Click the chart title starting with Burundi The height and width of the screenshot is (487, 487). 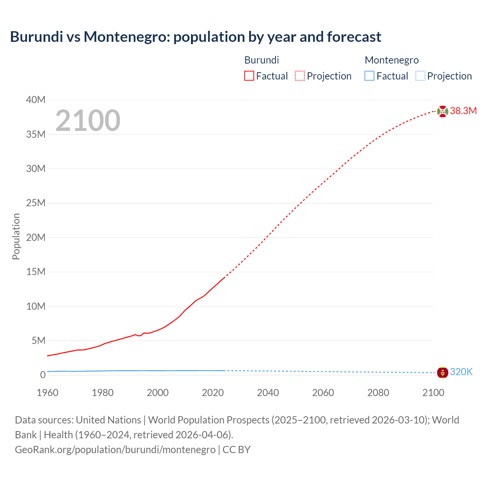[x=196, y=37]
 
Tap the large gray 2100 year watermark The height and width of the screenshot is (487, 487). [x=88, y=121]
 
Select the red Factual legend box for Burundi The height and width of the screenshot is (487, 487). [x=249, y=76]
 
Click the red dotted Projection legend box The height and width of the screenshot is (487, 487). [x=300, y=76]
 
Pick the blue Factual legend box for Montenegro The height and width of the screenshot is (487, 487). [x=369, y=76]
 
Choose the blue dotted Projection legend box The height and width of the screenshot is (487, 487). [x=420, y=76]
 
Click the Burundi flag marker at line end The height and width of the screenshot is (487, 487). [x=442, y=111]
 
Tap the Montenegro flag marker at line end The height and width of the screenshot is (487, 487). [x=442, y=372]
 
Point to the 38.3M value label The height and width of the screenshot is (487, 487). [x=463, y=111]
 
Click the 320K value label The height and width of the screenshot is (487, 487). [x=461, y=372]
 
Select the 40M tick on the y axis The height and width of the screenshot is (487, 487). [x=36, y=100]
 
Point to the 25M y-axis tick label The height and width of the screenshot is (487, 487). [x=36, y=203]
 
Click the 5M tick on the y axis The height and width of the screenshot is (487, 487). [x=38, y=341]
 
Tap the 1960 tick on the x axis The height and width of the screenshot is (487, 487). [x=48, y=393]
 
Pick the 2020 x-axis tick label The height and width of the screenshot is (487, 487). [x=213, y=393]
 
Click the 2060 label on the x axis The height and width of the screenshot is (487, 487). [x=323, y=393]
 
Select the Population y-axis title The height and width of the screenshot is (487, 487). [x=16, y=237]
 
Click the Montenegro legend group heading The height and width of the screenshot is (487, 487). [x=392, y=60]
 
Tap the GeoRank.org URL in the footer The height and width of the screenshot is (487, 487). [x=115, y=450]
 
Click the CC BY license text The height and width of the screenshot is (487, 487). [x=237, y=450]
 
